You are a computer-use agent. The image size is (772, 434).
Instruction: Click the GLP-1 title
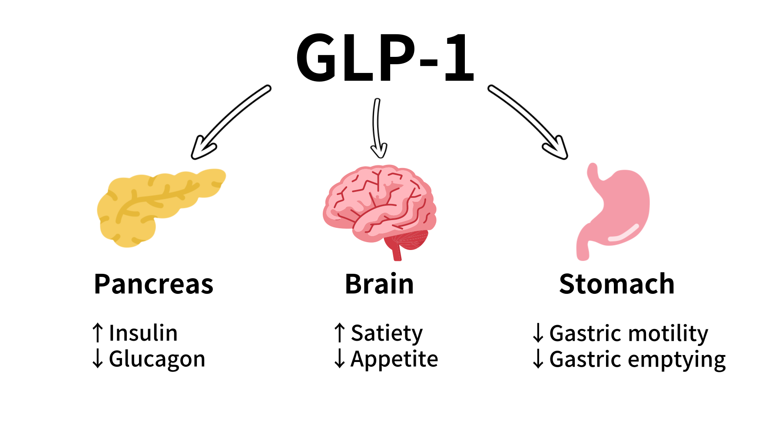click(x=385, y=58)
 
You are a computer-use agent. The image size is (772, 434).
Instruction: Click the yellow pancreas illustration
click(x=156, y=204)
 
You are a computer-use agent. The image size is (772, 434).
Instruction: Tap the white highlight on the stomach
click(x=623, y=233)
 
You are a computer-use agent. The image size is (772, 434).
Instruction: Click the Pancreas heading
click(x=153, y=285)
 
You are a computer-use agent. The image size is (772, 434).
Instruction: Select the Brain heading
click(x=379, y=285)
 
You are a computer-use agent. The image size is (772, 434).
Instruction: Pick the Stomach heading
click(x=616, y=285)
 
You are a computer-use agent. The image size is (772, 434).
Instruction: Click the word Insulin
click(x=143, y=333)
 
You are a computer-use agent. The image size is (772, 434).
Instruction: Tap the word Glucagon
click(x=157, y=359)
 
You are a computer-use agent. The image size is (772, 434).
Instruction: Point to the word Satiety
click(x=387, y=333)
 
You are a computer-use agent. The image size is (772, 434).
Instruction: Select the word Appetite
click(x=394, y=359)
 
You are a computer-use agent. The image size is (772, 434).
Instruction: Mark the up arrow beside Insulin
click(x=98, y=333)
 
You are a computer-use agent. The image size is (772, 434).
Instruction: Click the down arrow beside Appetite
click(x=339, y=358)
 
